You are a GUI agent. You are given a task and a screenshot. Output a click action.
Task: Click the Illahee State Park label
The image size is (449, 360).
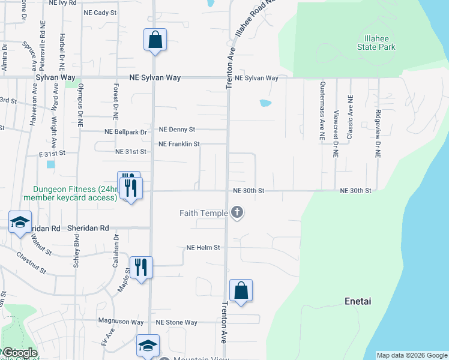point(376,43)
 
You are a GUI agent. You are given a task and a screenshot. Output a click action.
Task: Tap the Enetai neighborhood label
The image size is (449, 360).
point(358,301)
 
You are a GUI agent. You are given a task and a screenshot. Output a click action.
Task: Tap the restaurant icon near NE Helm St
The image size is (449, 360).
point(141,267)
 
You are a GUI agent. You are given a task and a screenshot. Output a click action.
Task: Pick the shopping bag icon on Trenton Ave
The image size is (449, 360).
point(241,291)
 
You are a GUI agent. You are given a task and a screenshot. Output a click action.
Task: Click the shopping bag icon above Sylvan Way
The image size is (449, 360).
point(155,40)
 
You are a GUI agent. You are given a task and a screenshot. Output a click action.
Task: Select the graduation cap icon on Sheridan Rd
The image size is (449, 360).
point(20,223)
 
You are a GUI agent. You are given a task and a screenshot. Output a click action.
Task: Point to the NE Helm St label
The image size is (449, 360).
point(203,247)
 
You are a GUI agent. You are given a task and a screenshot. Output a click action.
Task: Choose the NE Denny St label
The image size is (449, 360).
point(177,129)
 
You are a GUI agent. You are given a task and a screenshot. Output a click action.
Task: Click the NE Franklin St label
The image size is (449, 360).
point(179,144)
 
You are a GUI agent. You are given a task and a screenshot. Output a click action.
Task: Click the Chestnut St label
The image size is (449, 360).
point(32,262)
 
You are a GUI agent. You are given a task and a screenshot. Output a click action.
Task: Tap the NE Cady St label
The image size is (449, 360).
point(100,12)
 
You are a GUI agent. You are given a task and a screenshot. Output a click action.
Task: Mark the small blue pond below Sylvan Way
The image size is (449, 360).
point(265,103)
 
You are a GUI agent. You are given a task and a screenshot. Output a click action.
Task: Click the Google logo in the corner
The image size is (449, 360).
point(19,353)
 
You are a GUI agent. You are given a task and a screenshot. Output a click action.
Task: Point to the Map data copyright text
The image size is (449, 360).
point(411,355)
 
